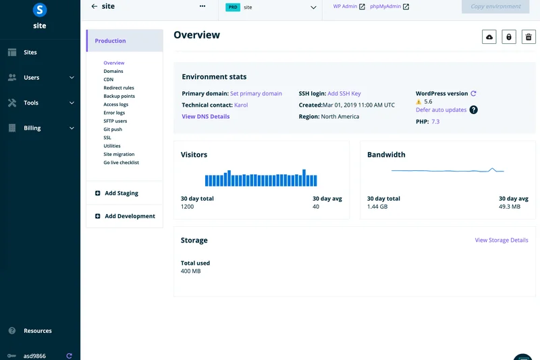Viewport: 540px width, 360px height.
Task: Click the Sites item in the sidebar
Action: (x=30, y=52)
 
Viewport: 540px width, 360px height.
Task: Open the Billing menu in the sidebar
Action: (x=32, y=128)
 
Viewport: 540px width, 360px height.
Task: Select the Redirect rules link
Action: (x=119, y=88)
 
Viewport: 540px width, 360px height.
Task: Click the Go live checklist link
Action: (x=122, y=163)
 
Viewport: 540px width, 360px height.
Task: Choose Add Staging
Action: (x=121, y=193)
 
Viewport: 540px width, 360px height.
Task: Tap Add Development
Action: (x=130, y=216)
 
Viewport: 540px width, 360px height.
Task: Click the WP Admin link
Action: (x=345, y=7)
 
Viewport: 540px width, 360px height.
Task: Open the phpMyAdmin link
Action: (x=385, y=7)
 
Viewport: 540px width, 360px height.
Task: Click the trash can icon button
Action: (x=529, y=37)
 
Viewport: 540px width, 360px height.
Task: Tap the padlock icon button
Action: (x=509, y=37)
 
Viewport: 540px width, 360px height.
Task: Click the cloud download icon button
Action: (x=489, y=37)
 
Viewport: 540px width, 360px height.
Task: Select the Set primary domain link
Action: (x=256, y=94)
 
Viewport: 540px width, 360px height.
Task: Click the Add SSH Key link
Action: (x=344, y=94)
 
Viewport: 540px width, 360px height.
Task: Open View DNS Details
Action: (x=206, y=117)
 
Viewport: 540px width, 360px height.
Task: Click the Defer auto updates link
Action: (x=441, y=109)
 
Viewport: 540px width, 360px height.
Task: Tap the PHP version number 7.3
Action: (x=435, y=122)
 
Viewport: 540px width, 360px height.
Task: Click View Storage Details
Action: (x=502, y=240)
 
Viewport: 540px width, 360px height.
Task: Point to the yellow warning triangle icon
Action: (x=419, y=102)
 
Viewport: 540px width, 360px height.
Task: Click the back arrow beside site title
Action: (x=94, y=6)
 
